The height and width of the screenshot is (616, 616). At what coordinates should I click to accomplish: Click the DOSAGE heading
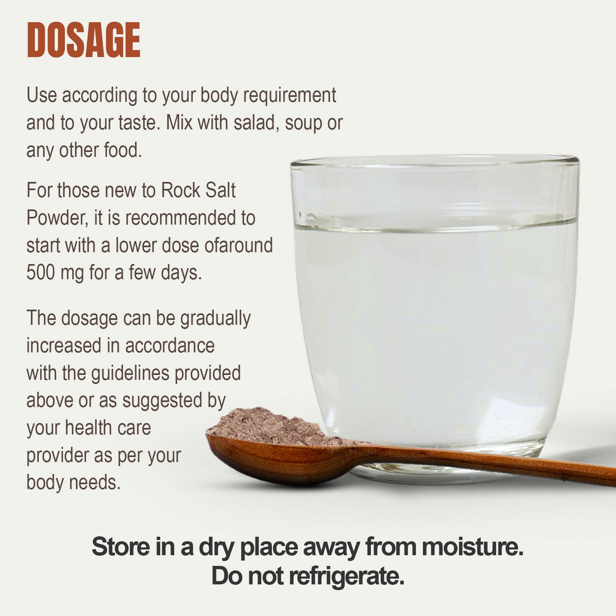pos(84,40)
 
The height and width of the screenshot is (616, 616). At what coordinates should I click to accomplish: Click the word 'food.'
pos(123,150)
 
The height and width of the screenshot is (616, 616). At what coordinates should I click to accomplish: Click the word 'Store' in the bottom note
pos(121,547)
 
